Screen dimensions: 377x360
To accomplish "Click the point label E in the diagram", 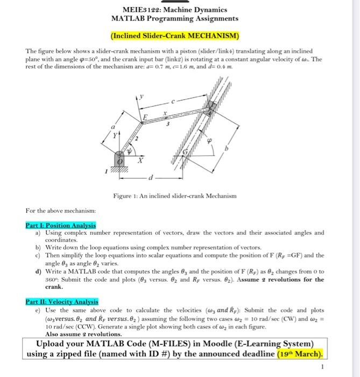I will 144,117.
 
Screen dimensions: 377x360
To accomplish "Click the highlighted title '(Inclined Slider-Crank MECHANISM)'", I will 174,36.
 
